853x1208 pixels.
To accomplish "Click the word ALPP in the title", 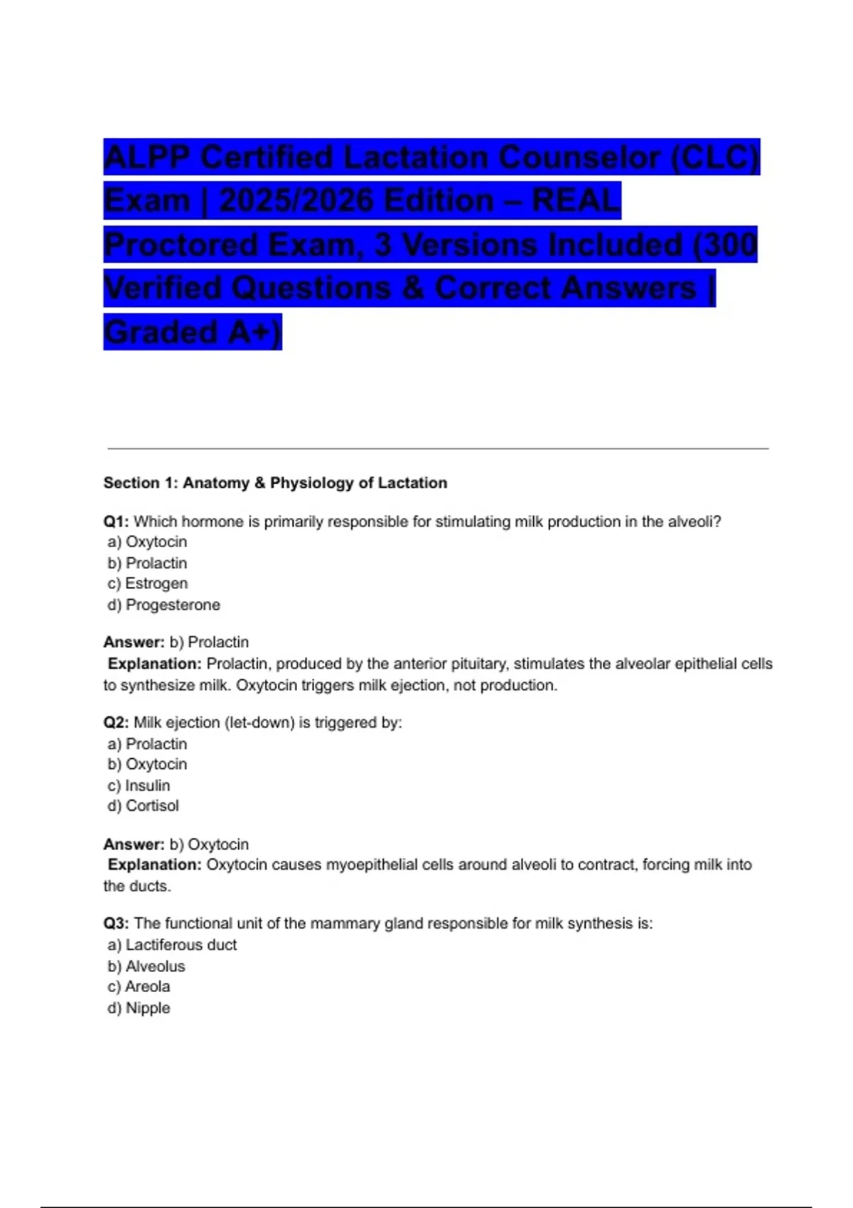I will (147, 158).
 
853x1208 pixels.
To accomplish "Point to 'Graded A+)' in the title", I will (193, 333).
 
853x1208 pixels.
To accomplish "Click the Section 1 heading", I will (275, 483).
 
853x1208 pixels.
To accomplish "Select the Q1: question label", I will (116, 522).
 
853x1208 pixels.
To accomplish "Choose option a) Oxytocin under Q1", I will (148, 542).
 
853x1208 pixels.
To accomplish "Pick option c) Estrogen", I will (148, 584).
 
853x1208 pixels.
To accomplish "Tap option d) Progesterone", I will (164, 605).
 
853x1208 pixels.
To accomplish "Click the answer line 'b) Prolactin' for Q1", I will (209, 642).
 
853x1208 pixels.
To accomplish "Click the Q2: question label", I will (116, 723).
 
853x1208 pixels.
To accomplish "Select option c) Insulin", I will (139, 786).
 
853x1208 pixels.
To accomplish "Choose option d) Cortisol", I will (144, 807).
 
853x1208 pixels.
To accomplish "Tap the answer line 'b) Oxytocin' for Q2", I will (209, 845).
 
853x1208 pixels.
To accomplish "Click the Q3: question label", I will (116, 924).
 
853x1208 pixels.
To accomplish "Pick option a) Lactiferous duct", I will (173, 945).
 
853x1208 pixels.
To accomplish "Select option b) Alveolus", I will (146, 966).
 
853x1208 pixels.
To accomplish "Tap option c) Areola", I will (139, 987).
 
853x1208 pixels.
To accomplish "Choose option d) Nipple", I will (139, 1008).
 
